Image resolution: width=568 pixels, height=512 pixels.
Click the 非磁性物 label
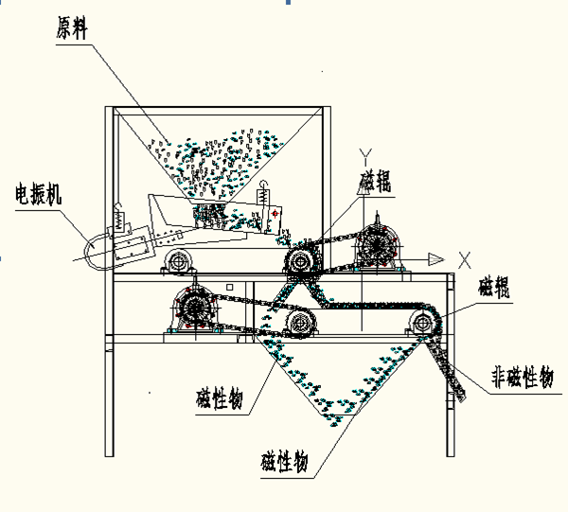(x=521, y=377)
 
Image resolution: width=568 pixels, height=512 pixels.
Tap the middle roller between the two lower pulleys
(x=300, y=325)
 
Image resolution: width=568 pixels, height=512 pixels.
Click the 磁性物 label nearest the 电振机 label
(x=218, y=397)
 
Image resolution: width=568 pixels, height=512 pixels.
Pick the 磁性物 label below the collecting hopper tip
(x=284, y=464)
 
